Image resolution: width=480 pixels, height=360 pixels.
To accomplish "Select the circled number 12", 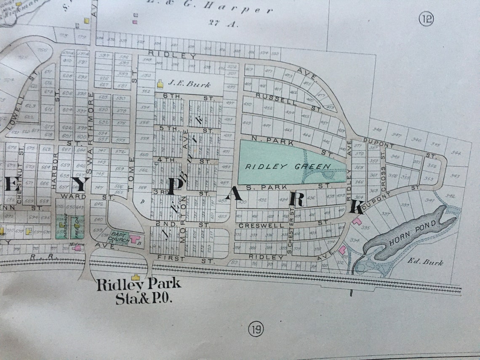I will point(426,19).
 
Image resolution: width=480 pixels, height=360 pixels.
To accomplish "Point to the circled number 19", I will point(256,329).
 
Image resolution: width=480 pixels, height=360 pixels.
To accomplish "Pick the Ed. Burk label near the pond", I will point(425,262).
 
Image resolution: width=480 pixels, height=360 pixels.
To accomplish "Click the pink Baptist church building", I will point(135,239).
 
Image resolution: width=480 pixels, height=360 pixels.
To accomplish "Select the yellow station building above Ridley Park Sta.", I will point(135,277).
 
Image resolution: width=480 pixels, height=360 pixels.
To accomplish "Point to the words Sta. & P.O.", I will point(144,299).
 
